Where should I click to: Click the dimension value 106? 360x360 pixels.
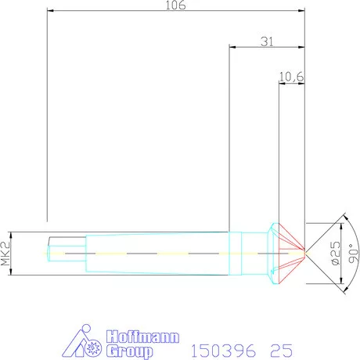click(175, 6)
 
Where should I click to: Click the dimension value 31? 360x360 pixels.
click(266, 41)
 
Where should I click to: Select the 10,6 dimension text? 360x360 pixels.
click(292, 76)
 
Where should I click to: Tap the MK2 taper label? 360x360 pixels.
click(6, 253)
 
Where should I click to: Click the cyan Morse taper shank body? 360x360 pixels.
click(157, 252)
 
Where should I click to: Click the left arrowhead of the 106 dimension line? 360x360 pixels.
click(50, 11)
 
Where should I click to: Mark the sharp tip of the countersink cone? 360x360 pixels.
click(304, 253)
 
